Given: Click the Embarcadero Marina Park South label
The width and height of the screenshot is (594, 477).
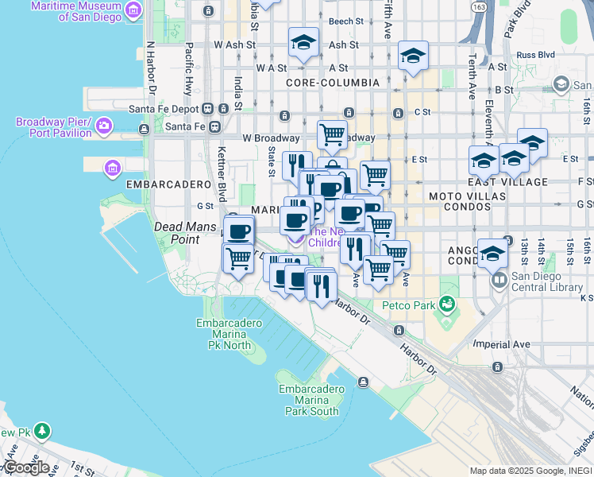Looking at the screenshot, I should (311, 400).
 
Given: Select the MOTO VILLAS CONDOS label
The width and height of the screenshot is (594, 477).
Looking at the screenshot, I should (469, 202).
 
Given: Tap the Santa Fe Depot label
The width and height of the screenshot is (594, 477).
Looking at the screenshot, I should (164, 108).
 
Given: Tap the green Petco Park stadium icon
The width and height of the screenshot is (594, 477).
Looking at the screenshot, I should (447, 303).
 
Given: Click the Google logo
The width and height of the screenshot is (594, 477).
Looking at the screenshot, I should (26, 467).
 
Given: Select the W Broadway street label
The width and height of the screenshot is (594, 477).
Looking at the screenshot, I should (271, 138).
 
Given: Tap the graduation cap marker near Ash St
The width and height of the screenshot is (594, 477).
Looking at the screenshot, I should (303, 44).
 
